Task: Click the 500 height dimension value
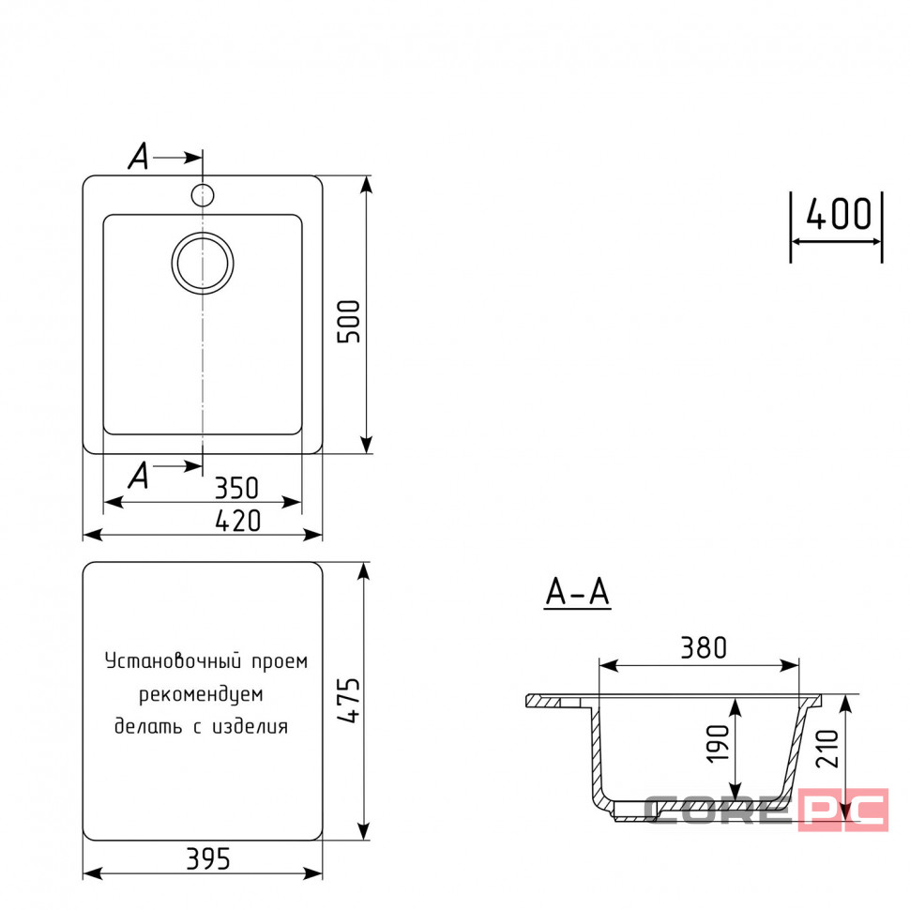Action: click(349, 322)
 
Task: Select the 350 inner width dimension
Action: click(236, 488)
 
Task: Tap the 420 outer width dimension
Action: click(238, 521)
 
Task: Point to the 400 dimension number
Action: click(839, 214)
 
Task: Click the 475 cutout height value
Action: click(349, 700)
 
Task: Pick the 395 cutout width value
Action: click(208, 859)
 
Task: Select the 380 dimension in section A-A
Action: click(704, 647)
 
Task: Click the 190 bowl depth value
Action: click(718, 743)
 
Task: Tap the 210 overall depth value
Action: click(827, 750)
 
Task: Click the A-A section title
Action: click(578, 593)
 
